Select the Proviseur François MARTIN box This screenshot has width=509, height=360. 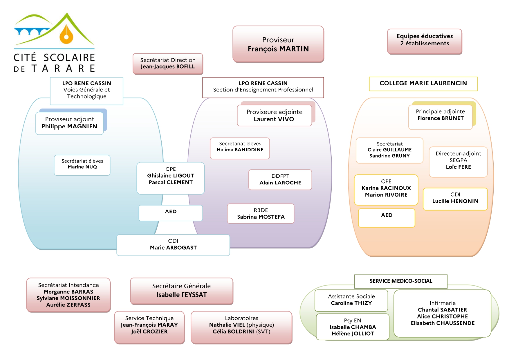(278, 44)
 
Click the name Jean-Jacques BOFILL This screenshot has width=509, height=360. (168, 66)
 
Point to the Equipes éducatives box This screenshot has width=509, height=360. (425, 41)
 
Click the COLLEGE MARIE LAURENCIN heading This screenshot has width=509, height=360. (423, 83)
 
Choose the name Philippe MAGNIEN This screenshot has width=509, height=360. (69, 126)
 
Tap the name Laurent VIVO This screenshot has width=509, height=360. (274, 119)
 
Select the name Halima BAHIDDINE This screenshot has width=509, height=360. (240, 150)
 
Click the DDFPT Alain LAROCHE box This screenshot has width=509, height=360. (280, 179)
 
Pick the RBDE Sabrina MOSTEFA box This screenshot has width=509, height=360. (261, 213)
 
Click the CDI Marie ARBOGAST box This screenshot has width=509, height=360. (173, 245)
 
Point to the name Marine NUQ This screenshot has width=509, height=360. (82, 167)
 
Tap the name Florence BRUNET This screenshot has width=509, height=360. (441, 118)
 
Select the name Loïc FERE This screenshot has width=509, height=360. (458, 167)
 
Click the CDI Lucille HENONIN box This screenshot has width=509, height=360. (455, 199)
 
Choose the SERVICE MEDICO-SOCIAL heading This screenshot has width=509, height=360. (401, 281)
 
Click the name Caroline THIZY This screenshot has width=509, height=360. (351, 303)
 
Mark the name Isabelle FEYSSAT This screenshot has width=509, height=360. (181, 295)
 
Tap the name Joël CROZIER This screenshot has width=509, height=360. (149, 332)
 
